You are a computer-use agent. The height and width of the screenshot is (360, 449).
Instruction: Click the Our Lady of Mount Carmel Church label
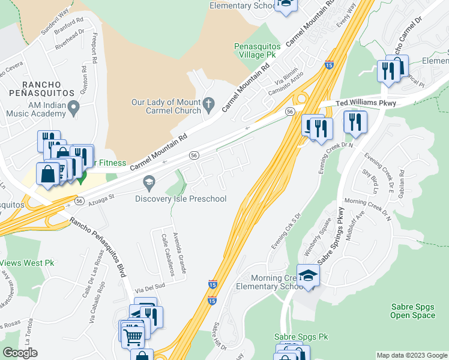(x=166, y=107)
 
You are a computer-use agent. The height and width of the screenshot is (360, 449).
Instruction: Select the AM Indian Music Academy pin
(x=74, y=109)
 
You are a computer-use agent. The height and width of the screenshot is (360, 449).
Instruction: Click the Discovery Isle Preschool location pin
(x=148, y=181)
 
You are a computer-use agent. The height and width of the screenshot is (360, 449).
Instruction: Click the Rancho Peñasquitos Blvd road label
(x=98, y=247)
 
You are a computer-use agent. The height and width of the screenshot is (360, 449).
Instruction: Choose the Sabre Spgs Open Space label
(x=412, y=311)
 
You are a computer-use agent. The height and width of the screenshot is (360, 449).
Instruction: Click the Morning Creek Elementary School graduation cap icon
(x=308, y=276)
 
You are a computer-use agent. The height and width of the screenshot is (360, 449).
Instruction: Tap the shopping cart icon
(x=132, y=335)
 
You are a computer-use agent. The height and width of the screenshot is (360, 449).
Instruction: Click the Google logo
(x=20, y=353)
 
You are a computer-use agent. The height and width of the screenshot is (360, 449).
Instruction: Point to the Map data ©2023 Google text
(x=411, y=355)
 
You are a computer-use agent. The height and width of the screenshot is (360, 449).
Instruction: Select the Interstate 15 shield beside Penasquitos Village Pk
(x=329, y=64)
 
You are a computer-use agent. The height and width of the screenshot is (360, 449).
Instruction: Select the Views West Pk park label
(x=27, y=263)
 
